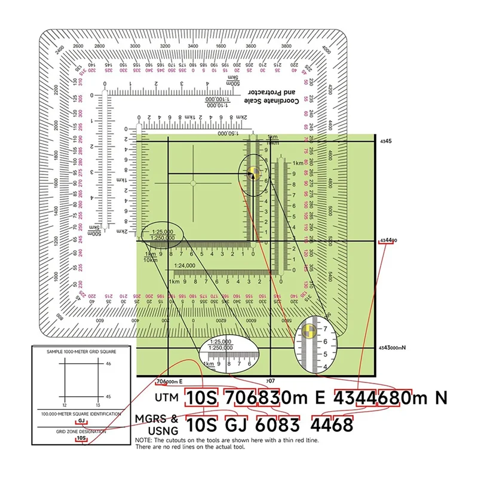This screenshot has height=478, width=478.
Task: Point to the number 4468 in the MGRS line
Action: [331, 425]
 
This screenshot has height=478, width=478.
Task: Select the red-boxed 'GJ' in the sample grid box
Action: [82, 421]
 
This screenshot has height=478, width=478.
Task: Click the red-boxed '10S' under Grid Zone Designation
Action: [82, 439]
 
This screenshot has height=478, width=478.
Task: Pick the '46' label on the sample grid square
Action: [108, 363]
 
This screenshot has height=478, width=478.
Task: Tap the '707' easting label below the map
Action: [269, 381]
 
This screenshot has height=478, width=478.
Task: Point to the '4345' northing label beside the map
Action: [386, 141]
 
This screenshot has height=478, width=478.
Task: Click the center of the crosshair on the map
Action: [192, 183]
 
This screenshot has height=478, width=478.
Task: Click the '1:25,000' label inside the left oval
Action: [162, 231]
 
